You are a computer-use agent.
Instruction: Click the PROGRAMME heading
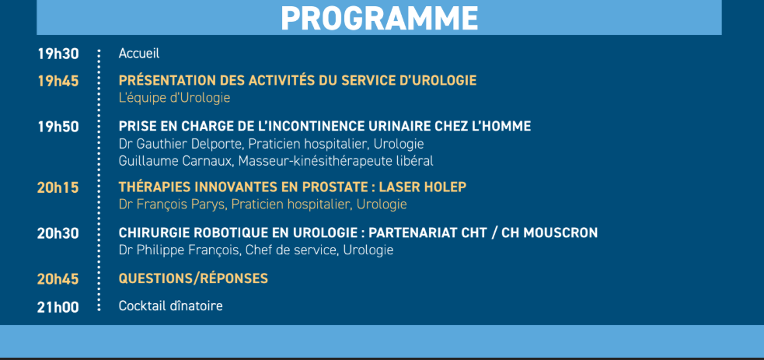click(x=379, y=17)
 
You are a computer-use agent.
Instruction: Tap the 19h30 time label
click(x=58, y=54)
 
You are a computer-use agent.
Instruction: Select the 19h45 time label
click(x=58, y=81)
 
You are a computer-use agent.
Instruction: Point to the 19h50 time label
click(x=58, y=127)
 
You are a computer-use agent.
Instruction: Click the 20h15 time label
click(x=58, y=187)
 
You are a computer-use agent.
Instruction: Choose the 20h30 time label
click(x=58, y=233)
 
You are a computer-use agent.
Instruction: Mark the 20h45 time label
click(x=58, y=279)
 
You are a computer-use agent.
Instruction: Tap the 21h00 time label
click(x=58, y=306)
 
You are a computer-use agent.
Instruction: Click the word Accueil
click(x=139, y=54)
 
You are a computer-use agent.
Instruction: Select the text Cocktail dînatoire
click(x=170, y=306)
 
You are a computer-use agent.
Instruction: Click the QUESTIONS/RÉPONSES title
click(x=193, y=278)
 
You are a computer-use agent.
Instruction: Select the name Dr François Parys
click(x=171, y=204)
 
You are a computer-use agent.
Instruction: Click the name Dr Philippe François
click(x=180, y=250)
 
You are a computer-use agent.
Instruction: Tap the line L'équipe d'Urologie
click(x=174, y=98)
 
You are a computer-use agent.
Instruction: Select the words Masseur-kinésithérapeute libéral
click(x=336, y=161)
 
